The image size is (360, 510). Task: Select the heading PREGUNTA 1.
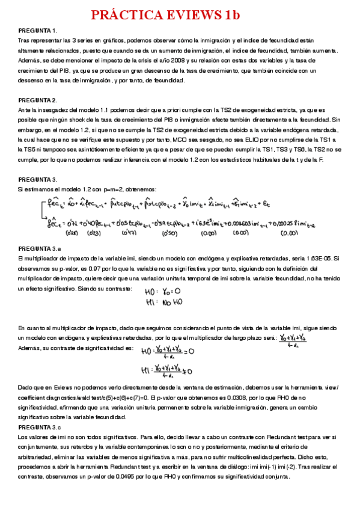(38, 31)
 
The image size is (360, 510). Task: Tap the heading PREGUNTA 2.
(38, 100)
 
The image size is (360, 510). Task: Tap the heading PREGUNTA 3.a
(40, 248)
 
